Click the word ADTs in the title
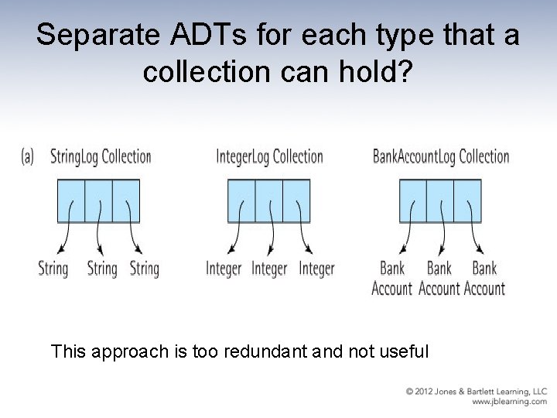(173, 35)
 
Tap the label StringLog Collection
(101, 156)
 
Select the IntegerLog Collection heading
(269, 156)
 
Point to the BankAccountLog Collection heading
(441, 156)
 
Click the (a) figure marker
(28, 156)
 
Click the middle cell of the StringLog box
(98, 200)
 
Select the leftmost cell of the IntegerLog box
(241, 200)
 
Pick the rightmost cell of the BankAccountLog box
(467, 200)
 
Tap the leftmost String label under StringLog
(53, 269)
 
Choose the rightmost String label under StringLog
(144, 269)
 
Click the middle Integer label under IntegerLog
(269, 269)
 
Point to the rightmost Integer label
(316, 269)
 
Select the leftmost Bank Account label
(392, 279)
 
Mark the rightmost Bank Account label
(484, 279)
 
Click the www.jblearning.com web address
(509, 402)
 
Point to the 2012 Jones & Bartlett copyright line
(477, 392)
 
